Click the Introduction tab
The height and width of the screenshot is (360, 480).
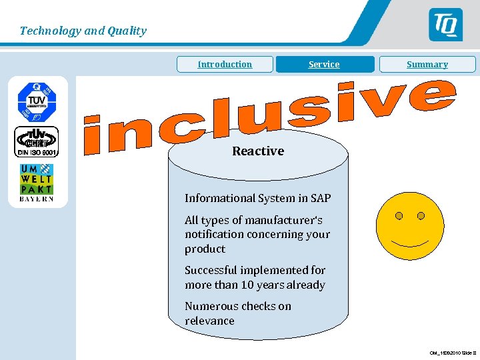pyautogui.click(x=225, y=65)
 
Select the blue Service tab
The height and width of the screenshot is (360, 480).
pyautogui.click(x=324, y=65)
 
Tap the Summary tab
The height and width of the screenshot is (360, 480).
pyautogui.click(x=427, y=65)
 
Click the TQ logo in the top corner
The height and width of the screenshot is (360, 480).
pyautogui.click(x=445, y=25)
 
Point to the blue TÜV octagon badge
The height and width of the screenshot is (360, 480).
pyautogui.click(x=37, y=100)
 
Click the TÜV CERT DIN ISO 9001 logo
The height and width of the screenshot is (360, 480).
pyautogui.click(x=37, y=141)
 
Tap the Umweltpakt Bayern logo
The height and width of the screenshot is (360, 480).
pyautogui.click(x=36, y=182)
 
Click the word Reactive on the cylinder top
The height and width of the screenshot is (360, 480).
pyautogui.click(x=258, y=151)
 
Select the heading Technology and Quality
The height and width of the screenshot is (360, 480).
pyautogui.click(x=83, y=31)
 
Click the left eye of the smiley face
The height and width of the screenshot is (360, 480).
pyautogui.click(x=399, y=216)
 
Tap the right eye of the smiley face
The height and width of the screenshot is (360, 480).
pyautogui.click(x=421, y=216)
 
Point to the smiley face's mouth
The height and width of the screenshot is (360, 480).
pyautogui.click(x=409, y=241)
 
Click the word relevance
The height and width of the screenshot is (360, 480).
pyautogui.click(x=209, y=321)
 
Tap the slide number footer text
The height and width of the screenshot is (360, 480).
pyautogui.click(x=452, y=353)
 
